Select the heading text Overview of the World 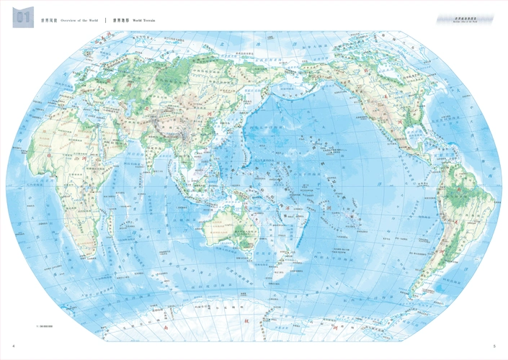pyautogui.click(x=79, y=20)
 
